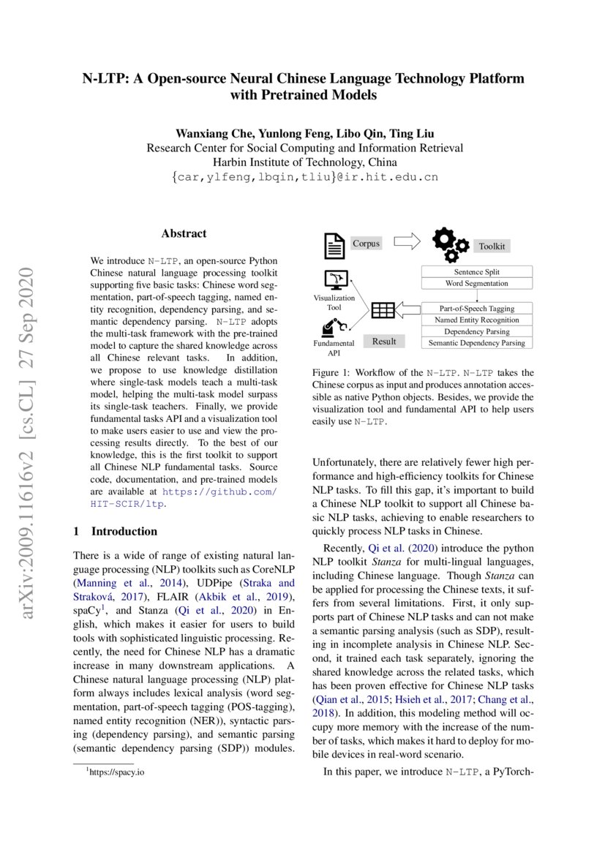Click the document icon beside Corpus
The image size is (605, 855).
(334, 245)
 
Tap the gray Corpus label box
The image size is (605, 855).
(367, 243)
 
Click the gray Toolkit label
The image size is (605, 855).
(492, 246)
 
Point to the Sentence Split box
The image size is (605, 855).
(477, 271)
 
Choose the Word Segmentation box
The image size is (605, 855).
(477, 283)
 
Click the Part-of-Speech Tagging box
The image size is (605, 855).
(477, 309)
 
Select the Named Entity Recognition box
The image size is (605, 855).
(477, 320)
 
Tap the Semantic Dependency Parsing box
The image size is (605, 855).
(477, 342)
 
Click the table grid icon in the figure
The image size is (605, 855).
(383, 311)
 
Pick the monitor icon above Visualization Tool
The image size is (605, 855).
(334, 280)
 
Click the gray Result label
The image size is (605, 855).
(384, 341)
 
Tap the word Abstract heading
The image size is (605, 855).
(184, 233)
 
